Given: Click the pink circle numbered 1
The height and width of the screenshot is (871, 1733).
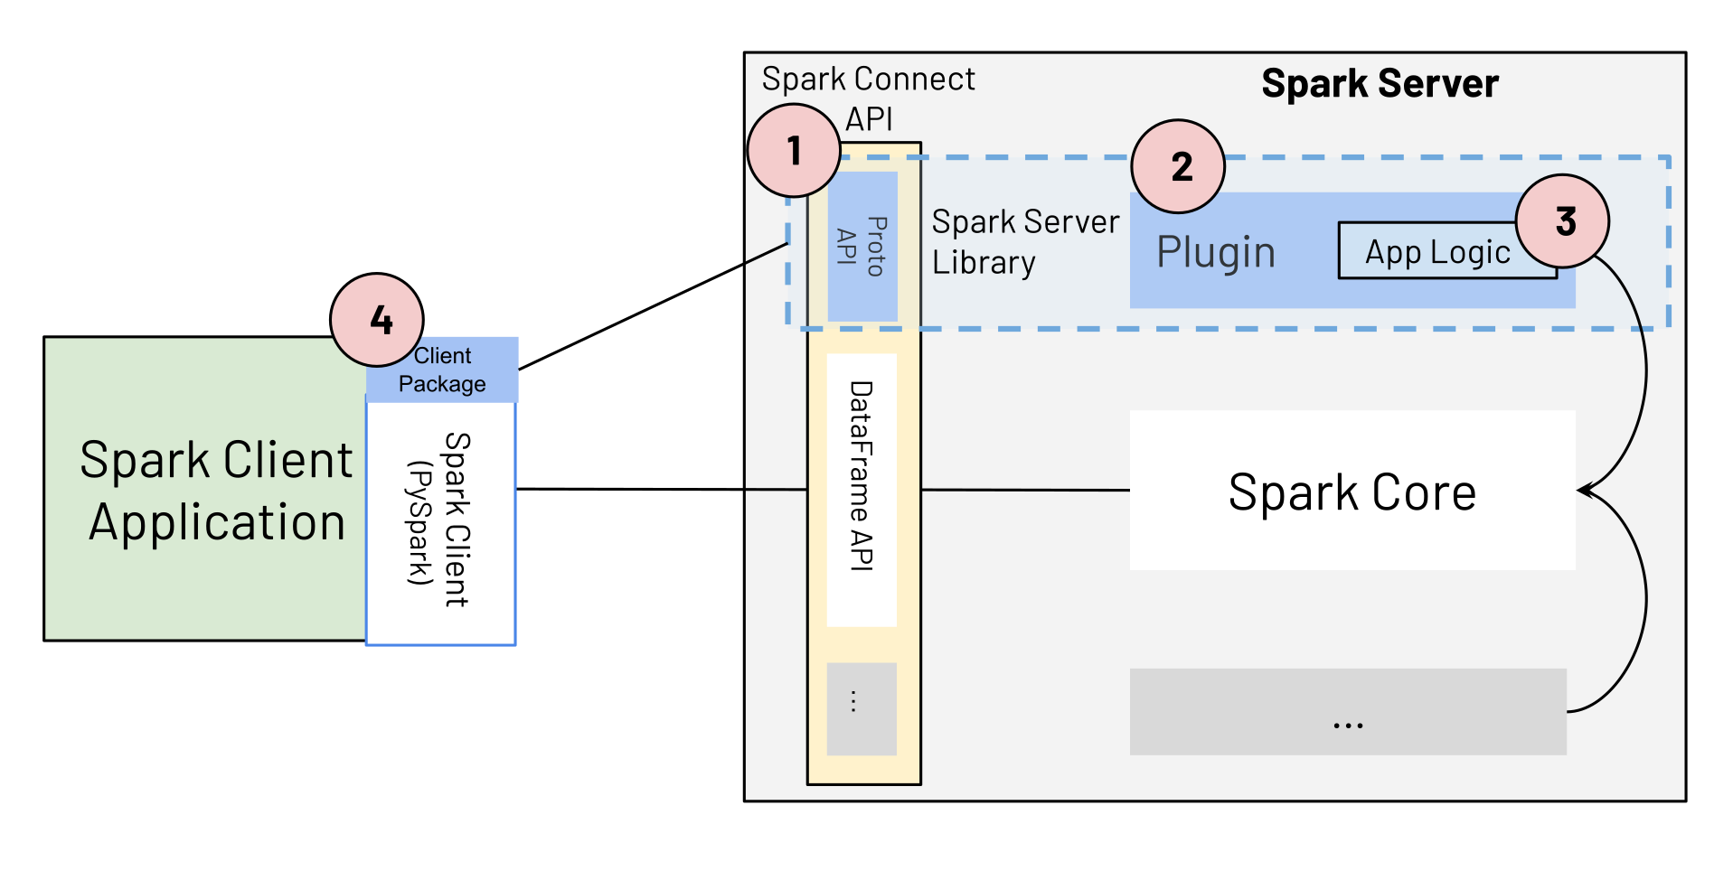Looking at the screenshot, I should (794, 150).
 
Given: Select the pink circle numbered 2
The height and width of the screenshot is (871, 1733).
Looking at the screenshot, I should (1178, 166).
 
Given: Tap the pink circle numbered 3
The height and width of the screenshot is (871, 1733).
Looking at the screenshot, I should (1562, 220).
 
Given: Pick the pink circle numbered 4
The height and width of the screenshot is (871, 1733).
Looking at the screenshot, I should (377, 319).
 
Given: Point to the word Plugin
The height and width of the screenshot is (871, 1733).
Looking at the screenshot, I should (1216, 252).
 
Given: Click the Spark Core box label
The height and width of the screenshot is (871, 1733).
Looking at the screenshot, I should (1352, 492).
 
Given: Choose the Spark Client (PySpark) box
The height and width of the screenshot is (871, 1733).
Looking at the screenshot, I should (441, 521).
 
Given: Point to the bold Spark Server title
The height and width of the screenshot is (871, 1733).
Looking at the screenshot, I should (1380, 83).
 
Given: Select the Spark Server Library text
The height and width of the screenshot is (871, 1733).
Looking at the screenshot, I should (1024, 241).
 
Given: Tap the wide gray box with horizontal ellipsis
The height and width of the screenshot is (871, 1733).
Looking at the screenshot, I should (1347, 712).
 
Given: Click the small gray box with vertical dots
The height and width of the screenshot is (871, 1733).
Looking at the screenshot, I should (862, 708).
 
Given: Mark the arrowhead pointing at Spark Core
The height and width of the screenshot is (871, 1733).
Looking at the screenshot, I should (1584, 491).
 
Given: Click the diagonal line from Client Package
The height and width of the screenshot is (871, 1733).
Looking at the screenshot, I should (651, 307).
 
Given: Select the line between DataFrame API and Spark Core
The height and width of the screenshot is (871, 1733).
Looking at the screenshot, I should (1025, 490).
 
